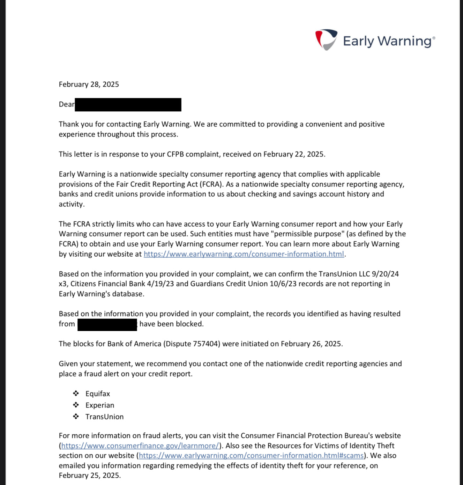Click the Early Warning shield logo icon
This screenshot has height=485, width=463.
(x=326, y=39)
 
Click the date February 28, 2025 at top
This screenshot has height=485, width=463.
(x=89, y=84)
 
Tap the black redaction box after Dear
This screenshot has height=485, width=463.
(x=128, y=105)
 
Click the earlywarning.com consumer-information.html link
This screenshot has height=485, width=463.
(x=244, y=254)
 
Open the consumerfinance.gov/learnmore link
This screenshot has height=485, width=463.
(x=140, y=446)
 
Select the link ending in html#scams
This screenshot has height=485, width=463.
(x=251, y=456)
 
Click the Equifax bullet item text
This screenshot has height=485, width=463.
(x=98, y=394)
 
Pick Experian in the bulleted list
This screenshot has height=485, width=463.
(x=100, y=405)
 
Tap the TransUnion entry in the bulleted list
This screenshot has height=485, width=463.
(x=104, y=417)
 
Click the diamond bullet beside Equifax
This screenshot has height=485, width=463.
(x=76, y=394)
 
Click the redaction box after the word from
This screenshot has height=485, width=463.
(x=107, y=324)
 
